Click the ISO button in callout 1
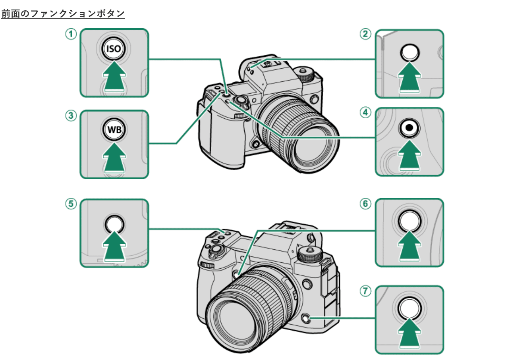113,49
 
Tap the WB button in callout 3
114,129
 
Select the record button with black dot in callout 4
409,128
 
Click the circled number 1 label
71,34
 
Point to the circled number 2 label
365,34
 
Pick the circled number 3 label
71,116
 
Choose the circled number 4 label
365,112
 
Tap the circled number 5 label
71,204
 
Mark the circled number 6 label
365,204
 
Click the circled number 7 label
365,291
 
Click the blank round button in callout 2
410,52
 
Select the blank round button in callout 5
114,225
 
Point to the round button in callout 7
409,308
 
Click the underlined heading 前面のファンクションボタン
63,14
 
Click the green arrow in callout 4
409,155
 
